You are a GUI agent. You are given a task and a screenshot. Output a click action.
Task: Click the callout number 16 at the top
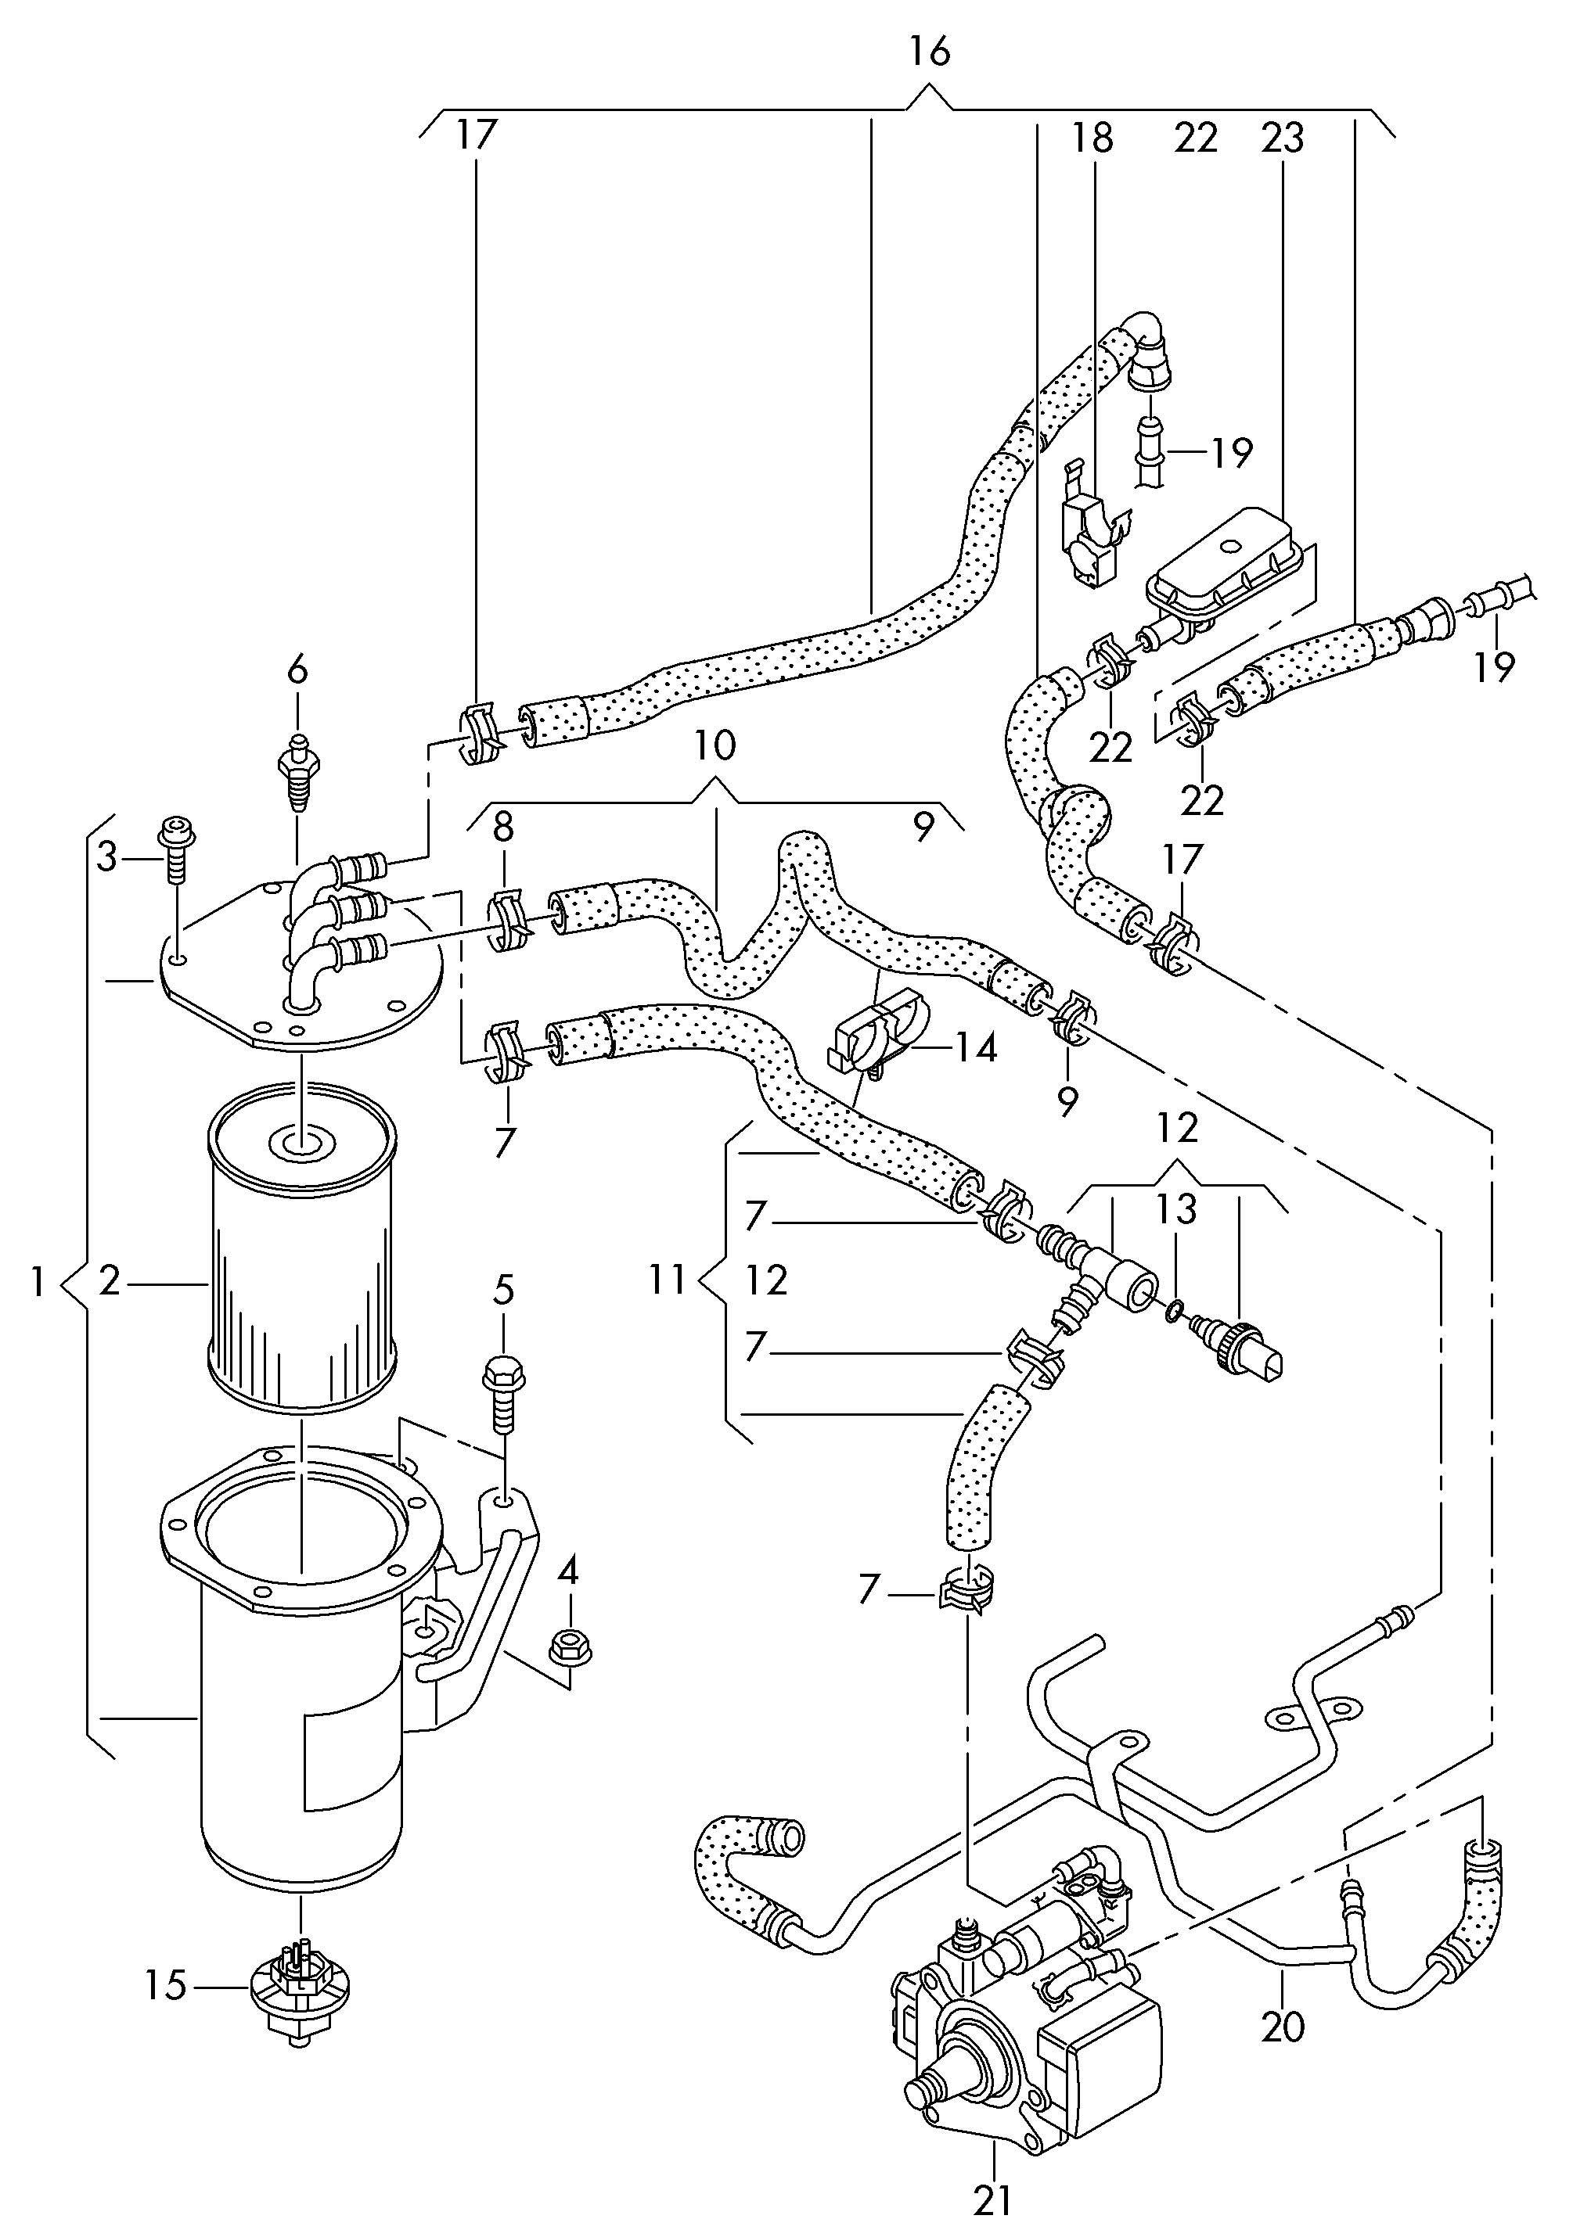pyautogui.click(x=930, y=52)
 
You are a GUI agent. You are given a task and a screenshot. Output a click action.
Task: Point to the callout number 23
pyautogui.click(x=1282, y=138)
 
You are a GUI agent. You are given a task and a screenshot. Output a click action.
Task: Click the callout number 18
pyautogui.click(x=1092, y=138)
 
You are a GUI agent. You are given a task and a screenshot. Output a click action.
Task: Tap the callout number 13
pyautogui.click(x=1176, y=1209)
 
